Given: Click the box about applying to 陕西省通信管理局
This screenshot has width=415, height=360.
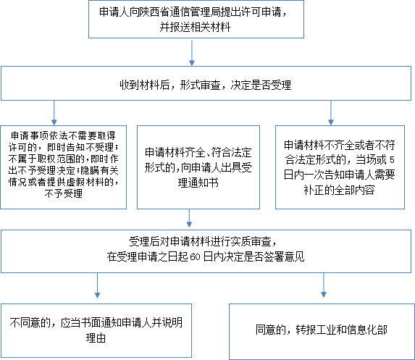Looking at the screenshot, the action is coord(196,20).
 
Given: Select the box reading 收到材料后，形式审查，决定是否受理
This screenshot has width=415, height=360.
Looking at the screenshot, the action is coord(206,83).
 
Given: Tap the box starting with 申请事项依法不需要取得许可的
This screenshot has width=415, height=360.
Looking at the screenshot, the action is coord(64,167).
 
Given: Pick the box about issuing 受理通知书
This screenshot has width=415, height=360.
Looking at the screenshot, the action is coord(198,167).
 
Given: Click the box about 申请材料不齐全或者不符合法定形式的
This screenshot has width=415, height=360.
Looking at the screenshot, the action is coord(340,167).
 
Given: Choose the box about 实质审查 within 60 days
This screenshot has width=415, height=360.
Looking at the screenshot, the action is coord(206,251).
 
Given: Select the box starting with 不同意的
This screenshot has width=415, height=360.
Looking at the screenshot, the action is coord(96,331).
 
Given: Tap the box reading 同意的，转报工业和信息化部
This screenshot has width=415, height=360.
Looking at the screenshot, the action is coord(322,332).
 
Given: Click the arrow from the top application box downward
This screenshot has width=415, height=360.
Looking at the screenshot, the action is coord(192,53).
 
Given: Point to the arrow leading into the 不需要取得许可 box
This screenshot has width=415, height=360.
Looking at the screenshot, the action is coord(54,113).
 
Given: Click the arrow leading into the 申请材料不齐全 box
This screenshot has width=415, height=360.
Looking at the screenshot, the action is coord(331,113).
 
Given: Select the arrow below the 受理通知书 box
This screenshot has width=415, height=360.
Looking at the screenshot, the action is coord(189,218).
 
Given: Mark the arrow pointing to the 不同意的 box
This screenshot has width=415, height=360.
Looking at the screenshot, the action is coord(97,285).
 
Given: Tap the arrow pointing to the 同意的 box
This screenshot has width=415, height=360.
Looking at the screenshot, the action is coord(324,285).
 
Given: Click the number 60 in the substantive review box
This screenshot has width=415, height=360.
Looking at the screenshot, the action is coord(195,257).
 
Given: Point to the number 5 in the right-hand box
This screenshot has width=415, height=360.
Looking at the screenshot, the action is coord(392,160).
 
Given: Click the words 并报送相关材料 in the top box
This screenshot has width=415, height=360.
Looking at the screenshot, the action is coord(195,28).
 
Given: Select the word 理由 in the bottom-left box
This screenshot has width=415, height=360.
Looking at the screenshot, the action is coord(96,338).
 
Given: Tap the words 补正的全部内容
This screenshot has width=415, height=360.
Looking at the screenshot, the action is coord(339,190).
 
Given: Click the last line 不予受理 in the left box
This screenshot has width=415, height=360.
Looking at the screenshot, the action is coord(64,194).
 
